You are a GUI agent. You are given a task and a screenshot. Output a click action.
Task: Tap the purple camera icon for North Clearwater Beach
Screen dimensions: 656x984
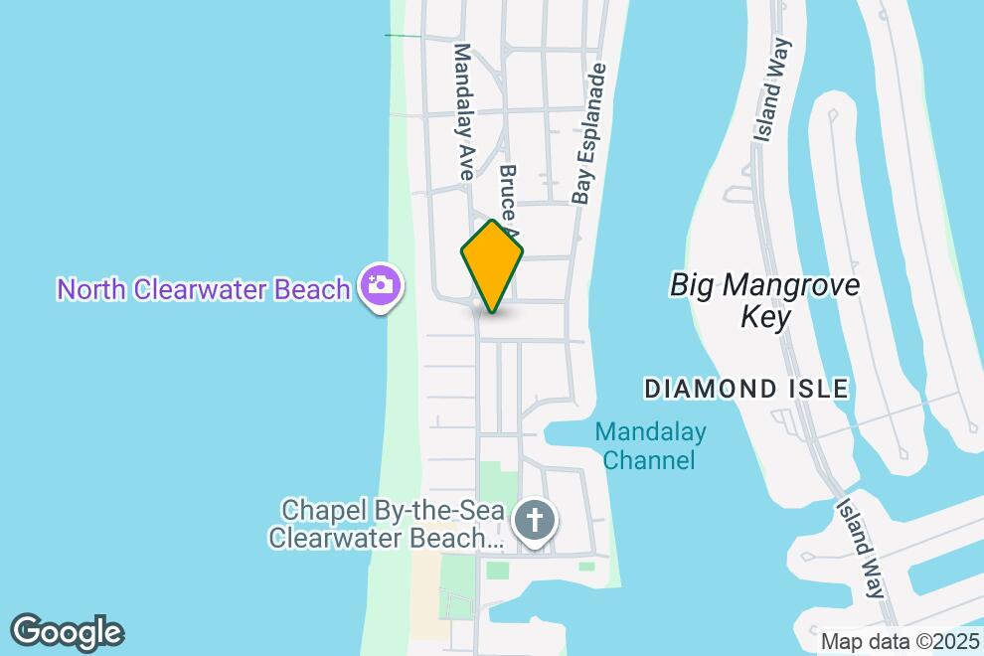click(x=379, y=286)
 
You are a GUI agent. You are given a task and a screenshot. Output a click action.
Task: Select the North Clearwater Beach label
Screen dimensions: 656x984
click(x=204, y=289)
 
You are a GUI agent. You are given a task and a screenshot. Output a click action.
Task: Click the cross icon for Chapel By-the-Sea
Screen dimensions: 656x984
click(x=535, y=521)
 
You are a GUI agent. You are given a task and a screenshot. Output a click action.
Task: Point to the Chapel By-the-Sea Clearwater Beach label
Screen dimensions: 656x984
click(x=387, y=524)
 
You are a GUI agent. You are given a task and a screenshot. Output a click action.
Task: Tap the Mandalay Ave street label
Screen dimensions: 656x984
click(x=464, y=111)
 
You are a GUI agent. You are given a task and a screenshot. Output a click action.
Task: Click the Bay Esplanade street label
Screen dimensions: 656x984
click(x=588, y=134)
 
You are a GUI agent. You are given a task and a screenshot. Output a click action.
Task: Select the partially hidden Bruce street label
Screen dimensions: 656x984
click(x=508, y=194)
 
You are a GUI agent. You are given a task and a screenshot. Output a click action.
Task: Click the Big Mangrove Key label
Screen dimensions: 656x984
click(x=764, y=300)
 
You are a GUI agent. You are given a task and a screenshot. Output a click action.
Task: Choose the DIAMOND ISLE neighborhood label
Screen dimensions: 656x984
click(x=746, y=389)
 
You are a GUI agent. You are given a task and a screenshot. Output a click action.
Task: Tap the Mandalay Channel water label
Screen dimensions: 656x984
click(x=650, y=446)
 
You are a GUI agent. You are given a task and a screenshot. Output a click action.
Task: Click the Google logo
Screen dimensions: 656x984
click(x=67, y=632)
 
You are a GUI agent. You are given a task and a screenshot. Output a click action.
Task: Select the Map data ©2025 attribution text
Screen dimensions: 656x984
click(x=901, y=641)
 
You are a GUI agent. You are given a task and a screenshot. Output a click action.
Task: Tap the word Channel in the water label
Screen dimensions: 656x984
click(x=649, y=460)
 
